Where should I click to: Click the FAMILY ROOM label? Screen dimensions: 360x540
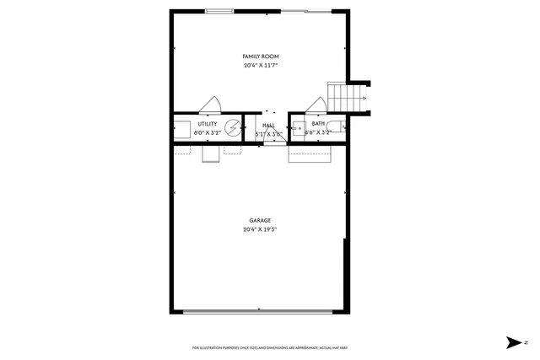260,56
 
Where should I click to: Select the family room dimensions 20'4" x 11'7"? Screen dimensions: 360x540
260,65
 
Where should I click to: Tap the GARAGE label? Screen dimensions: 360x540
260,220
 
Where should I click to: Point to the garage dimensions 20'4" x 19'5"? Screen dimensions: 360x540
260,228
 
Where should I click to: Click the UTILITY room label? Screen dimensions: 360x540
208,124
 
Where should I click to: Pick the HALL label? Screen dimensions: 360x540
268,125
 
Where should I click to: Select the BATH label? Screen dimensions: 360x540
318,124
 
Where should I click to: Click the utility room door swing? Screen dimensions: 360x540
210,105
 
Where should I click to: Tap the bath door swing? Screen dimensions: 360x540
316,105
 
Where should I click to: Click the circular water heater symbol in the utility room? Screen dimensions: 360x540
232,131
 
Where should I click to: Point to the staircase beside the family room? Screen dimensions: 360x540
348,96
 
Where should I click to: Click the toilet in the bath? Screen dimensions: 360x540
336,128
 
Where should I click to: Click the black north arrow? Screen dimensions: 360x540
513,342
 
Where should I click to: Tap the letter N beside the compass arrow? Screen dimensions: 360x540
526,342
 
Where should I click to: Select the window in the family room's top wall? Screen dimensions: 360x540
220,11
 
